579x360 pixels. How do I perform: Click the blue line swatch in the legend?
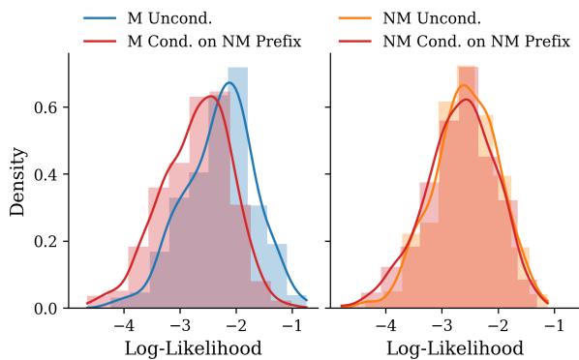click(x=99, y=18)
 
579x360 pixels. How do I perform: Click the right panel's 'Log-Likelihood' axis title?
click(x=454, y=346)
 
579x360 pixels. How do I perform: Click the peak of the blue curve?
click(x=229, y=83)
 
